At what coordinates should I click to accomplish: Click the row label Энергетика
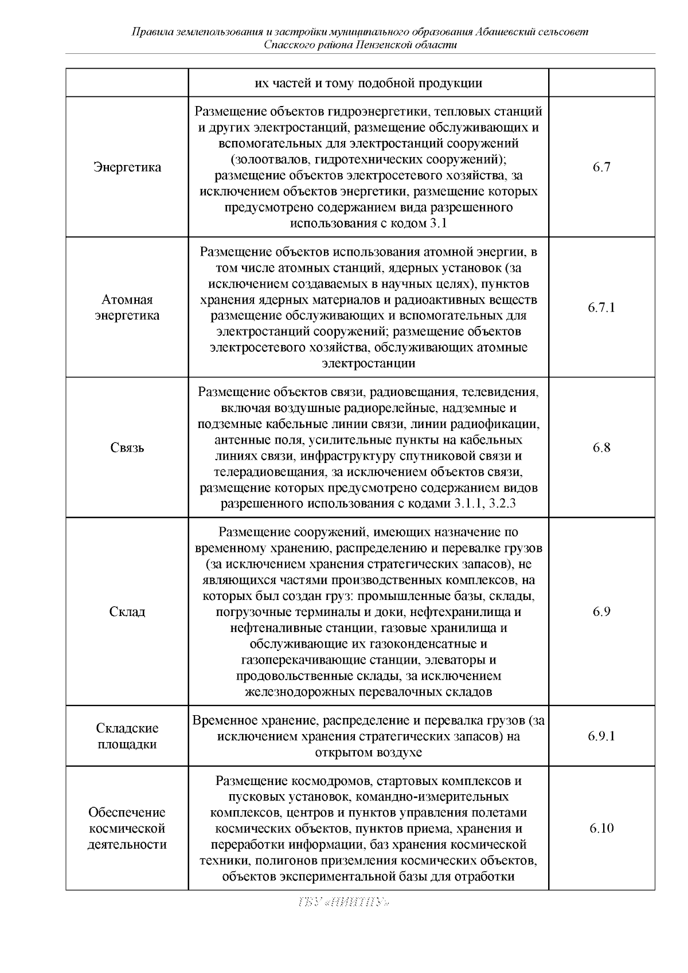[x=127, y=167]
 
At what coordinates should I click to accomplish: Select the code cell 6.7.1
[x=601, y=308]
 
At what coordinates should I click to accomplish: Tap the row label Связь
[x=127, y=448]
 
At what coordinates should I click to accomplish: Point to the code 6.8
[x=601, y=448]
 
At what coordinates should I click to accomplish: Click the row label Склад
[x=127, y=611]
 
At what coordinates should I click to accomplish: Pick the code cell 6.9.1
[x=601, y=736]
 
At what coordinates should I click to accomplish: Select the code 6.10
[x=601, y=828]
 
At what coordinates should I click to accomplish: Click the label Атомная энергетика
[x=127, y=308]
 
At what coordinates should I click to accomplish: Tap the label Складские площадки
[x=127, y=736]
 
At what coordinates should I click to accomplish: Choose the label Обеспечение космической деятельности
[x=127, y=828]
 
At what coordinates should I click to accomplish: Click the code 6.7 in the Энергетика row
[x=601, y=167]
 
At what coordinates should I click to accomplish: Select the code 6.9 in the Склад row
[x=601, y=611]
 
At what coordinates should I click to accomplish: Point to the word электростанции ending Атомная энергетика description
[x=369, y=363]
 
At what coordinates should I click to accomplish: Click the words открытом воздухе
[x=369, y=752]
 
